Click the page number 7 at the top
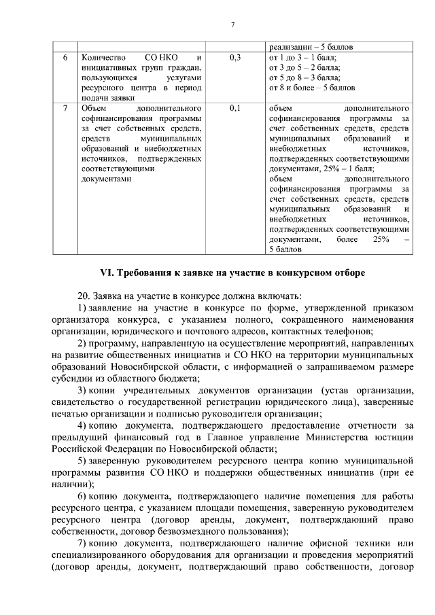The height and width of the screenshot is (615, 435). [232, 25]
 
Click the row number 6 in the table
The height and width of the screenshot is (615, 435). [65, 58]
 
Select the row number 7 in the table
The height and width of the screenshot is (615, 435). [65, 108]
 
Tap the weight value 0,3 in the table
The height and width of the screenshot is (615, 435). [235, 58]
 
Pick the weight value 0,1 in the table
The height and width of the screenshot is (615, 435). [235, 108]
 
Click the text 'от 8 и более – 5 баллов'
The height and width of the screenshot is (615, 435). [312, 88]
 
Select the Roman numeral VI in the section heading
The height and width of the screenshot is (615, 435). [107, 273]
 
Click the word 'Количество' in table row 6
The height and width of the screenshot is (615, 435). [103, 58]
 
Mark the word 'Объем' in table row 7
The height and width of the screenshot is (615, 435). [93, 108]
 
